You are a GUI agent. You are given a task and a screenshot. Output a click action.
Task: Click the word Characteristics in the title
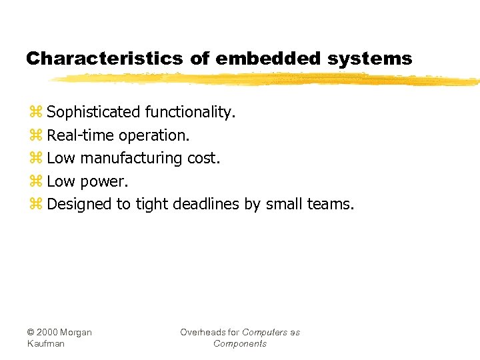[x=104, y=59]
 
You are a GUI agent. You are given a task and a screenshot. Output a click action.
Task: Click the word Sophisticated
[x=93, y=112]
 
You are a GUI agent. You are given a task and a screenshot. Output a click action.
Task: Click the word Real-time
[x=81, y=135]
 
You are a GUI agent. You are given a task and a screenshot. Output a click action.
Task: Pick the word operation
[x=154, y=135]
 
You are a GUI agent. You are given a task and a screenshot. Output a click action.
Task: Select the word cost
[x=203, y=159]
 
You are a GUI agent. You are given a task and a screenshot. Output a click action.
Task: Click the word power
[x=104, y=181]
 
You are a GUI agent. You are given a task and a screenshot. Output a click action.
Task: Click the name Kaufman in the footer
[x=46, y=343]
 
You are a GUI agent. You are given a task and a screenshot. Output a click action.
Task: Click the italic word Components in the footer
[x=240, y=343]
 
